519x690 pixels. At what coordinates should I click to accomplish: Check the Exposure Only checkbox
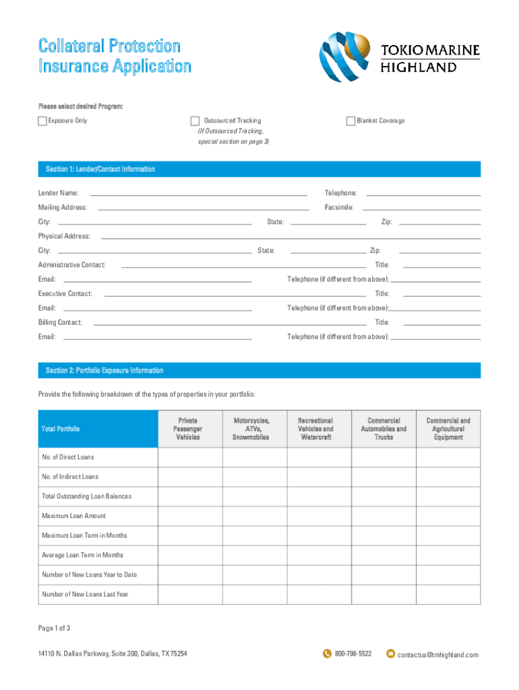pyautogui.click(x=42, y=121)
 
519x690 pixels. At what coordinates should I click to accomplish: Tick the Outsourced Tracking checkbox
pyautogui.click(x=195, y=121)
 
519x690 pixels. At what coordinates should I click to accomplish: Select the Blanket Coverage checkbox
pyautogui.click(x=350, y=121)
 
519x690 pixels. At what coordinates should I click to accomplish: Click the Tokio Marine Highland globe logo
pyautogui.click(x=346, y=59)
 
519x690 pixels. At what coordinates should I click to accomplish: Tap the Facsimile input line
pyautogui.click(x=421, y=208)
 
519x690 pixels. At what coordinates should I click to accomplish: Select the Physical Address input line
pyautogui.click(x=290, y=237)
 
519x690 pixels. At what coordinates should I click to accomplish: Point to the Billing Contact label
pyautogui.click(x=60, y=323)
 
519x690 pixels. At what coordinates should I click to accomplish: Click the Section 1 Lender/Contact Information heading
pyautogui.click(x=100, y=169)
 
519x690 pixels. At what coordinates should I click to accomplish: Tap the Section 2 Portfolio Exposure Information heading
pyautogui.click(x=104, y=371)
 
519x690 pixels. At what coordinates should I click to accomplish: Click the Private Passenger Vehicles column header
pyautogui.click(x=188, y=429)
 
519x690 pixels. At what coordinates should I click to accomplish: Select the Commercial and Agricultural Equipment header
pyautogui.click(x=448, y=429)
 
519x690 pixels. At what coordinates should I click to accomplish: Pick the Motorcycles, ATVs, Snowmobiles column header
pyautogui.click(x=251, y=429)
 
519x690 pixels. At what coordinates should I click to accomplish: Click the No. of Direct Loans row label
pyautogui.click(x=68, y=458)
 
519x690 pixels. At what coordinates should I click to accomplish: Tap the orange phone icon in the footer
pyautogui.click(x=328, y=654)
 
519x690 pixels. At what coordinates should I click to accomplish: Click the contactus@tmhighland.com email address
pyautogui.click(x=437, y=655)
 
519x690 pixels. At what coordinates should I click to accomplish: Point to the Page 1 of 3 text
pyautogui.click(x=55, y=629)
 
